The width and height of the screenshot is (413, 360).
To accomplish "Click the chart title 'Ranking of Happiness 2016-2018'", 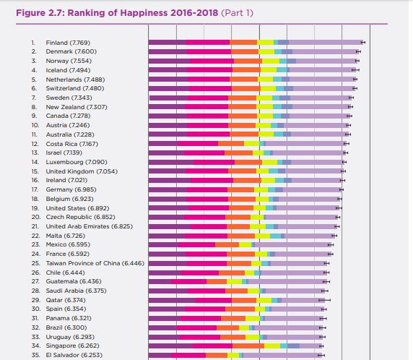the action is click(143, 13).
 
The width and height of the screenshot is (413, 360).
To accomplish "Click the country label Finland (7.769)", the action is click(68, 43).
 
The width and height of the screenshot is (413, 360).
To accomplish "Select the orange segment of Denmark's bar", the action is click(245, 52).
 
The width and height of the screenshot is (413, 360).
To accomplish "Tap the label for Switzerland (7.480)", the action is click(75, 88).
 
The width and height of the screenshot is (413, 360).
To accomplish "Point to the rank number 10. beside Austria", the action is click(35, 125).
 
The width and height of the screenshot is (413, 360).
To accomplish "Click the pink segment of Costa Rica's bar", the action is click(198, 144).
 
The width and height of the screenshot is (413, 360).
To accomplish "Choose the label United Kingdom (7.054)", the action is click(82, 171).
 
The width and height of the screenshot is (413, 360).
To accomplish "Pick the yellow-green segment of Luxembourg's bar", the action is click(270, 162).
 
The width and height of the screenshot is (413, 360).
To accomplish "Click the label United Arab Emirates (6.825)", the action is click(90, 226).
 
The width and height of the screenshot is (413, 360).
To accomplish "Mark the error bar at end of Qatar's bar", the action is click(324, 300).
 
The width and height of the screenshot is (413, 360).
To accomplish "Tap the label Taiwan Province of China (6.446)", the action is click(95, 263).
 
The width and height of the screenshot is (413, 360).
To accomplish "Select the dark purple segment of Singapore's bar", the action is click(170, 346).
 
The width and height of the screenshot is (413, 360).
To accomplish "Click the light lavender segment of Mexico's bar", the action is click(293, 245).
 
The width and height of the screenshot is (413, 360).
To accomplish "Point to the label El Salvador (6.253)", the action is click(74, 355).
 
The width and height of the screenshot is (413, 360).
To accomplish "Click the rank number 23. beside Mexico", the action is click(36, 245).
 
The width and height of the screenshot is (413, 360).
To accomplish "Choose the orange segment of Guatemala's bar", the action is click(217, 282).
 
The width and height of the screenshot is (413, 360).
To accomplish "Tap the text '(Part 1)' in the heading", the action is click(237, 13).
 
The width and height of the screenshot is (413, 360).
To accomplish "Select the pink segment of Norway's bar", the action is click(212, 61).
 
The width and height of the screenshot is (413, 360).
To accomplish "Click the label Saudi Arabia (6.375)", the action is click(76, 291).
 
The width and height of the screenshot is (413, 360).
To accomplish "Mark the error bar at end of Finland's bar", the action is click(363, 43).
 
